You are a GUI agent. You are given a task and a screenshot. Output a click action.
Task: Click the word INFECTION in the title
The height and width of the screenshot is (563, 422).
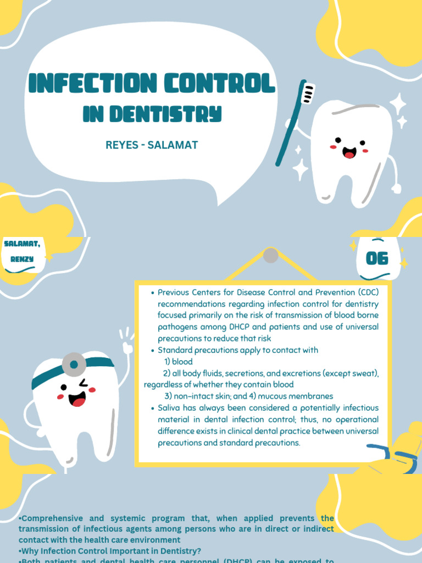88,84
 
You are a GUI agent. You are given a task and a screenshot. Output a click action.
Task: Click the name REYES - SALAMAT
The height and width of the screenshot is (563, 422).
151,146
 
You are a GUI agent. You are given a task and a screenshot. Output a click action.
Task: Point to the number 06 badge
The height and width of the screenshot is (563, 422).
377,258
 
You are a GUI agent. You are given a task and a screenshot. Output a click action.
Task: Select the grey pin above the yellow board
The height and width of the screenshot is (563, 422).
270,255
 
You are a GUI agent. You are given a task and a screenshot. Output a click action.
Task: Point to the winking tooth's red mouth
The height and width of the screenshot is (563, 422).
77,399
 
